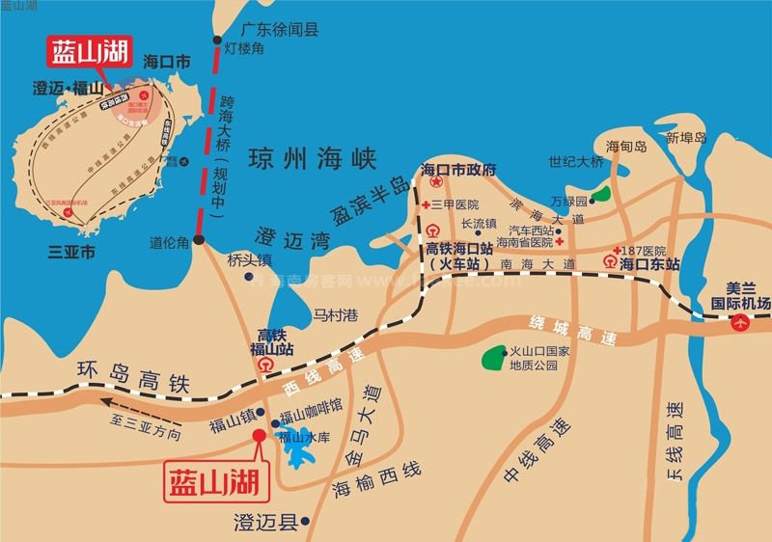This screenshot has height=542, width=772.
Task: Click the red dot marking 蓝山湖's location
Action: pos(259,435)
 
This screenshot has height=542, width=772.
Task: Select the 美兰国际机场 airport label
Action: pos(750,295)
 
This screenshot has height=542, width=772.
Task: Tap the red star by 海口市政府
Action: pos(436,181)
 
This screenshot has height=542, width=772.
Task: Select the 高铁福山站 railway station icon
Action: pos(265,366)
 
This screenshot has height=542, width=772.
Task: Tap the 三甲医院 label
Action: pos(455,204)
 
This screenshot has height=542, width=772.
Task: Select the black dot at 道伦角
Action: pos(199,240)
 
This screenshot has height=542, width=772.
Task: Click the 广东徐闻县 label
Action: pos(280,29)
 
